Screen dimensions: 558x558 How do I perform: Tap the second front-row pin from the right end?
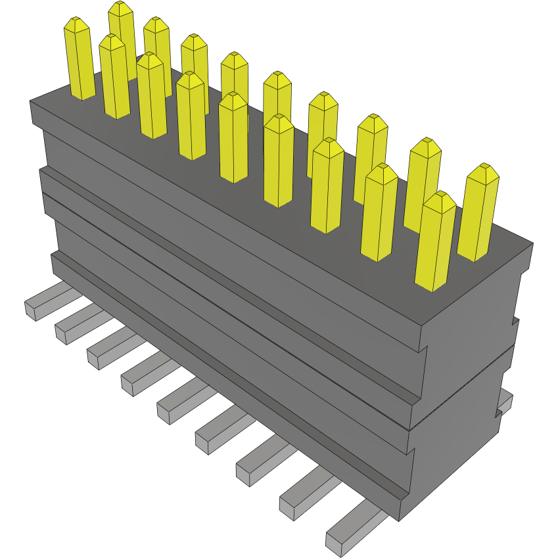[379, 214]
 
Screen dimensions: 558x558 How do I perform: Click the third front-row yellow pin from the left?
[152, 99]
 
